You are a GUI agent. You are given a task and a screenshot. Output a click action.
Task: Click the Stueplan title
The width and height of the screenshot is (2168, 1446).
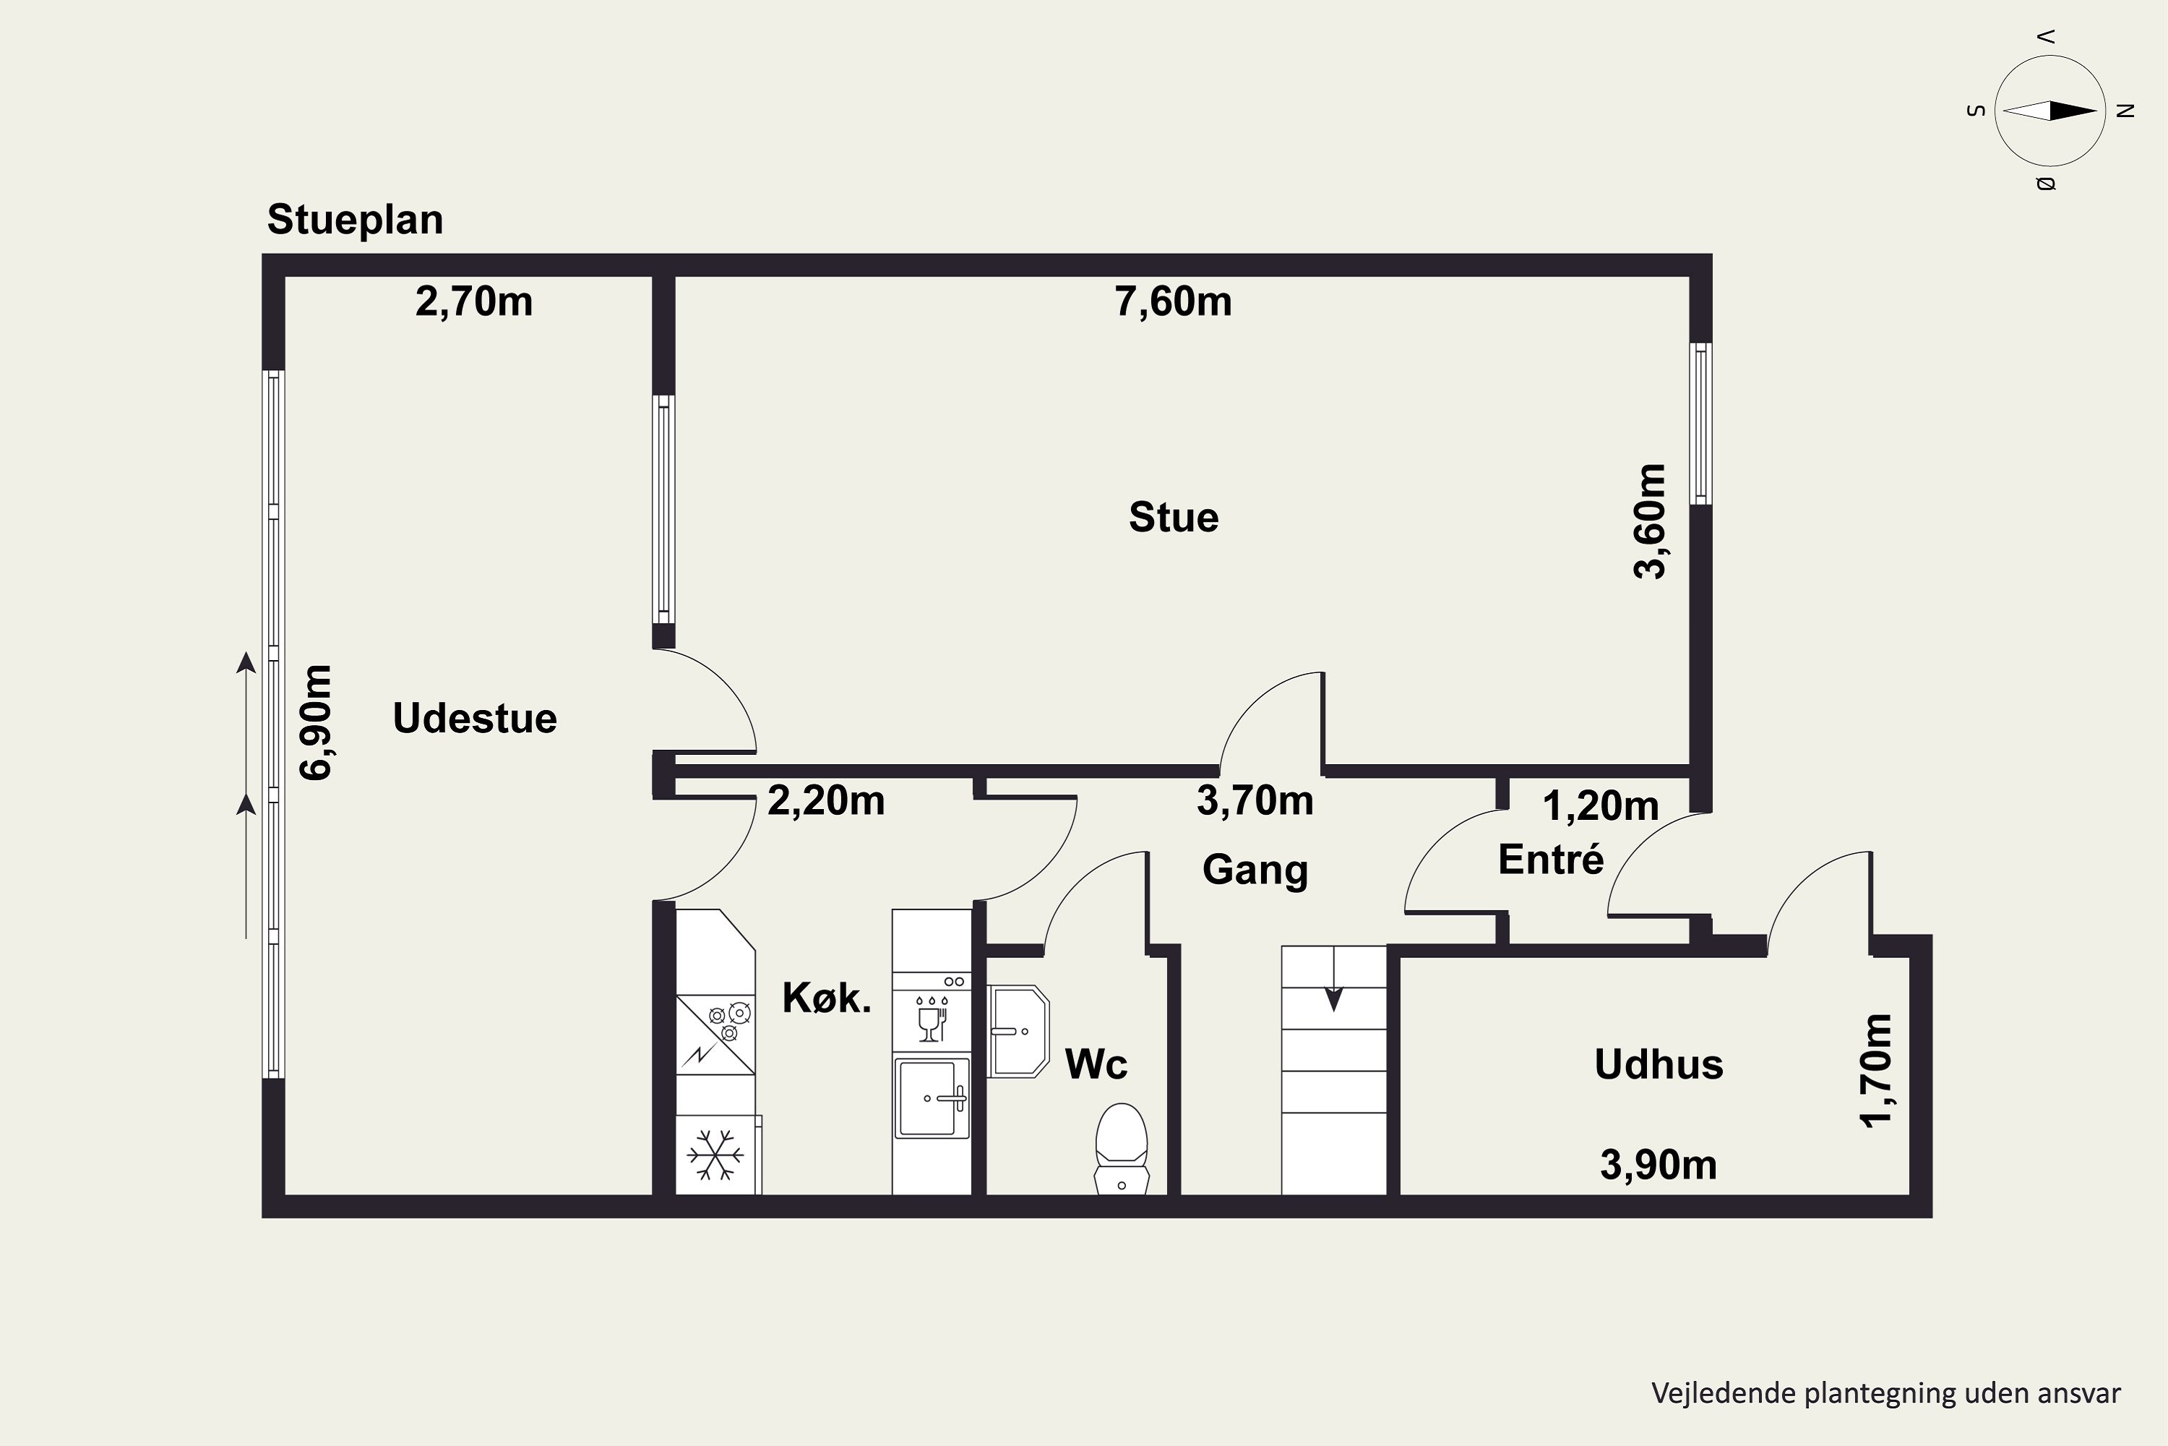pos(355,221)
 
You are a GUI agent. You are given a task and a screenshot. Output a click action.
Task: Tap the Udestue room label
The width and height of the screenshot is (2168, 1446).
pos(475,719)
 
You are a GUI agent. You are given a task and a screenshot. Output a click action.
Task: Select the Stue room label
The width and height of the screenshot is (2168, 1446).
pos(1174,518)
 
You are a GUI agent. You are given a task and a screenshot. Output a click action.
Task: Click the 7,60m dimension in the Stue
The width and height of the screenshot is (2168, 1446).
pos(1174,301)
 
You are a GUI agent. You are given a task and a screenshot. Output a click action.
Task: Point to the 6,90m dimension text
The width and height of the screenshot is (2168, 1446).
pos(317,723)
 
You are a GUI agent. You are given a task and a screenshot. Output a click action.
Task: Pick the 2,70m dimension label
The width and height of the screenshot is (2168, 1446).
pos(474,301)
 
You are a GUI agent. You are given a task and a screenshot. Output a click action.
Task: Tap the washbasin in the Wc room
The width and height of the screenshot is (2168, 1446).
pos(1018,1031)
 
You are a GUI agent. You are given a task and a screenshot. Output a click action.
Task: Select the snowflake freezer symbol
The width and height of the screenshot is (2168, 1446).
pos(715,1155)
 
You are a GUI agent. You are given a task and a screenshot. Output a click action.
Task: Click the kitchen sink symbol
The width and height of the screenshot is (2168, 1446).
pos(931,1098)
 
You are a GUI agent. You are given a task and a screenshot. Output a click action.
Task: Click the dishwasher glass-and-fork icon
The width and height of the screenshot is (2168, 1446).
pos(932,1018)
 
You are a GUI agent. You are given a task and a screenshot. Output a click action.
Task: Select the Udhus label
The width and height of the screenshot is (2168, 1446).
pos(1659,1065)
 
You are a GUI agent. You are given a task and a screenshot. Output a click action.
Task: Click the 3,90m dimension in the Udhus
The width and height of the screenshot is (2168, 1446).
pos(1659,1165)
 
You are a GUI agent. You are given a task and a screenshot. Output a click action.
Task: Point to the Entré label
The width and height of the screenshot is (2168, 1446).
pos(1552,860)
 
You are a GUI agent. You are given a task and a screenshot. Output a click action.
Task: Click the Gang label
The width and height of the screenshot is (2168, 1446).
pos(1255,870)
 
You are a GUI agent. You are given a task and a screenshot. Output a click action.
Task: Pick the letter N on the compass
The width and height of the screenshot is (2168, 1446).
pos(2125,111)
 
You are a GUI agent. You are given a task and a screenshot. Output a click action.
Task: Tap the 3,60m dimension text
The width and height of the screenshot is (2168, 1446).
pos(1650,521)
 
